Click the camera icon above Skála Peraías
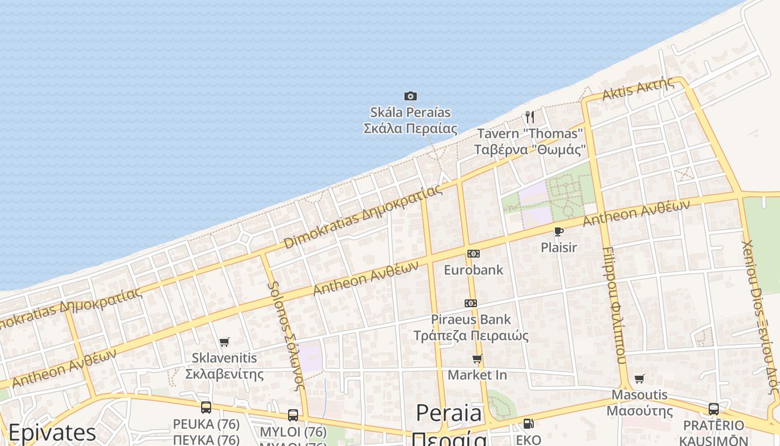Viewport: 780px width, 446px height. (x=411, y=96)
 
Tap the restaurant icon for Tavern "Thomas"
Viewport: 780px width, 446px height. (x=529, y=117)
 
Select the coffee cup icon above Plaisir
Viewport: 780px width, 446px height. (x=558, y=231)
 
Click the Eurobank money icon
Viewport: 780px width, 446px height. (x=473, y=254)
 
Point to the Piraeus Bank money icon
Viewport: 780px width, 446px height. (x=471, y=303)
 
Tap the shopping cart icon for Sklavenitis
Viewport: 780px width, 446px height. (x=224, y=342)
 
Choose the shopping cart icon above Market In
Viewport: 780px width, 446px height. (x=477, y=358)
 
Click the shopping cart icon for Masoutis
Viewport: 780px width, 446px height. (x=639, y=379)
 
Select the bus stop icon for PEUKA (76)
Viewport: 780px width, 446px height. (x=206, y=408)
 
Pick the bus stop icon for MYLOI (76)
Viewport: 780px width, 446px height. (x=293, y=415)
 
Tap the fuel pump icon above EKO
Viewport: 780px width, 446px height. (x=528, y=424)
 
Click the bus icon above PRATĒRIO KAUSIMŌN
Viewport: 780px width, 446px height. (x=714, y=409)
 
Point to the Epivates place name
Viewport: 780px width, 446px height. (x=52, y=433)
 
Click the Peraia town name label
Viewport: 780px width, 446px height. (x=449, y=413)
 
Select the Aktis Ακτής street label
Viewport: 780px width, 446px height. (x=637, y=89)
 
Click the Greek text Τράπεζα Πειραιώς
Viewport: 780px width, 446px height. (x=471, y=336)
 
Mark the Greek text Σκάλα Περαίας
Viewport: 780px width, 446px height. (x=411, y=129)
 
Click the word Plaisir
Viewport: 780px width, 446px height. (x=559, y=247)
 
